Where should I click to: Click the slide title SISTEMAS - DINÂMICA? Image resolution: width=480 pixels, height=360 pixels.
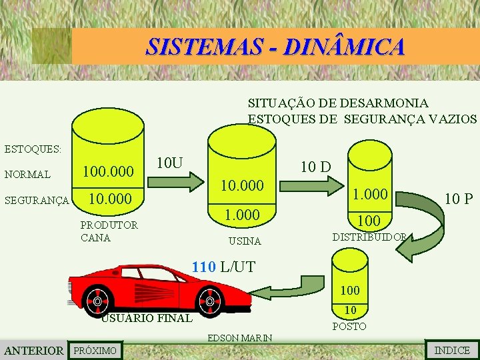[275, 47]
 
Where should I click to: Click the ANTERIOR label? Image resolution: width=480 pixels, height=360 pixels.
[33, 351]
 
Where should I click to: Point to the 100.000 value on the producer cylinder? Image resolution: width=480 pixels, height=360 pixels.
[108, 172]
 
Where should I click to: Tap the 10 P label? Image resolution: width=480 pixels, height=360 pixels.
[459, 197]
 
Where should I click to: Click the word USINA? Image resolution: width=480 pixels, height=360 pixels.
[245, 241]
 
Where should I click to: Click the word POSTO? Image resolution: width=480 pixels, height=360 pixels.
[349, 326]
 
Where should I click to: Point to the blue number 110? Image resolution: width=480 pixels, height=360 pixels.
[203, 267]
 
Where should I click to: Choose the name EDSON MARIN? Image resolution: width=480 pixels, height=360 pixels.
[240, 338]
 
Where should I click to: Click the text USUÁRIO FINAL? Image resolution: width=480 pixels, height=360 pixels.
[147, 318]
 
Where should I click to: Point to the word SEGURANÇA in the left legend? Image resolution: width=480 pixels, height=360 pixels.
[37, 200]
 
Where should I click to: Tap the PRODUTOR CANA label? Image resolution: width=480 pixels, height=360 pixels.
[109, 231]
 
